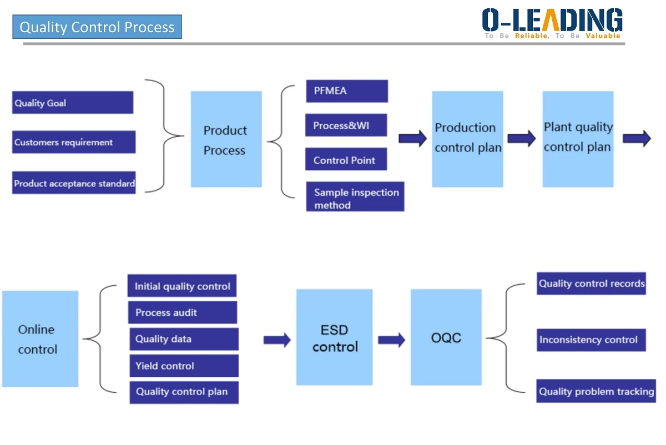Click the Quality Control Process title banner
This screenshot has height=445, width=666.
[x=97, y=27]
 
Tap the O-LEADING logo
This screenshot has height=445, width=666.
[x=552, y=23]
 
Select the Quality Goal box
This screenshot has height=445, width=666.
[x=73, y=103]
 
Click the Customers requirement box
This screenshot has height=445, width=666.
[x=74, y=142]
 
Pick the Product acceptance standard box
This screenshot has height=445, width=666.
[x=74, y=183]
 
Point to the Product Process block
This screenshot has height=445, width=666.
[x=226, y=139]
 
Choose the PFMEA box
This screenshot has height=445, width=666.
[x=347, y=91]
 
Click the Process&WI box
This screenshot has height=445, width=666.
[x=346, y=125]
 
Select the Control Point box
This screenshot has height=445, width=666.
[x=346, y=159]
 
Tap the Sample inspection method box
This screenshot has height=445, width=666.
[x=355, y=196]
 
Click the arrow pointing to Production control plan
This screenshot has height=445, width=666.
[x=413, y=138]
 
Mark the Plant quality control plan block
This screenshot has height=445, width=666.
[x=578, y=139]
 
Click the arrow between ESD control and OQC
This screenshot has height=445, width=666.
[x=391, y=340]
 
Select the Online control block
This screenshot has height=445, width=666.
[x=40, y=339]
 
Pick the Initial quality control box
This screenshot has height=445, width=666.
[x=182, y=286]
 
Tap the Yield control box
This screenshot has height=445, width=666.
[x=184, y=366]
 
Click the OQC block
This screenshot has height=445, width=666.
[x=446, y=337]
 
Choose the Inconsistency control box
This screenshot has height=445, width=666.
[x=591, y=340]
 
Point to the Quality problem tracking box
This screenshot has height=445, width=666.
[x=596, y=391]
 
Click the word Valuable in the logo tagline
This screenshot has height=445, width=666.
[x=603, y=36]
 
